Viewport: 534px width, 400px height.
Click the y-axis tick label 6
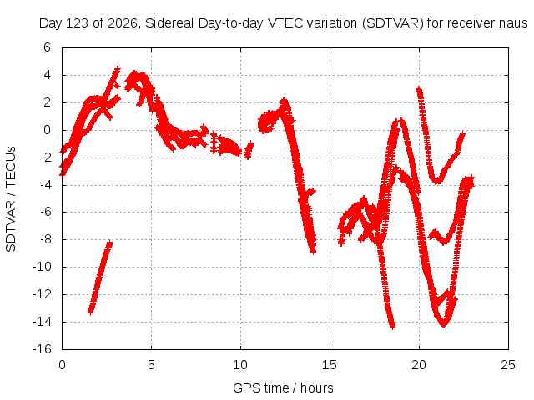47,47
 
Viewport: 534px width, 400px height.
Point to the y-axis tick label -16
42,349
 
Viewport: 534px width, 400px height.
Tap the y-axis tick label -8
44,239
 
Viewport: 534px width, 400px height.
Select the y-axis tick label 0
47,130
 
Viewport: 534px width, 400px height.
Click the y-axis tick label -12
42,294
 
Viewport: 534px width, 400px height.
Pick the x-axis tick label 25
508,365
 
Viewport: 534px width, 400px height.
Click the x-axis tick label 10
240,365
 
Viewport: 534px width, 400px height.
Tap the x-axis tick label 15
330,365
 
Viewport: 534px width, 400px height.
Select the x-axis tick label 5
151,365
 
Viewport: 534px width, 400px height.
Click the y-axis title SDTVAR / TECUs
11,199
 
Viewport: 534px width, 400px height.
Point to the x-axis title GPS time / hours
283,387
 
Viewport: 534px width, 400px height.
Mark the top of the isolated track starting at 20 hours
419,89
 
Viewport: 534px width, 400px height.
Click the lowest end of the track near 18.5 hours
393,327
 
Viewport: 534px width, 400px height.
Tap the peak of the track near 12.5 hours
284,101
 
